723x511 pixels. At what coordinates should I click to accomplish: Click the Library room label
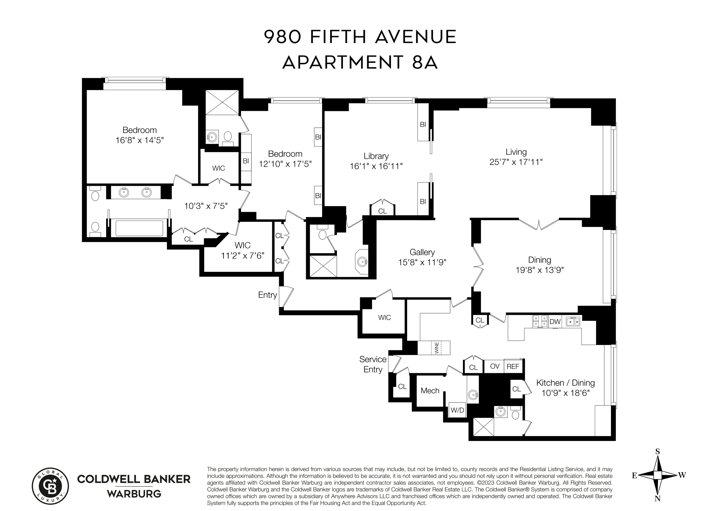pyautogui.click(x=376, y=156)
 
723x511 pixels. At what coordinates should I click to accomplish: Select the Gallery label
pyautogui.click(x=422, y=252)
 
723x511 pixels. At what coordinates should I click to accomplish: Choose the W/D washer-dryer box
pyautogui.click(x=457, y=410)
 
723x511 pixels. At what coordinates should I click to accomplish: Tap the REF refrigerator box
pyautogui.click(x=513, y=366)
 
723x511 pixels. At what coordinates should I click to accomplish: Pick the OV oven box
pyautogui.click(x=495, y=366)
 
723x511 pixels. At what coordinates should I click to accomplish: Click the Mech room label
pyautogui.click(x=430, y=391)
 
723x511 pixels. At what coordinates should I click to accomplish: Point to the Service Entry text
pyautogui.click(x=373, y=364)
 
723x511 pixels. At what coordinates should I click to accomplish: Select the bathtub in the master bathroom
pyautogui.click(x=139, y=228)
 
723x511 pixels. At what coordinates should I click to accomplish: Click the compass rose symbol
pyautogui.click(x=657, y=475)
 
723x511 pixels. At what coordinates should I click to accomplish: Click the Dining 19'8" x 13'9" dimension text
pyautogui.click(x=539, y=270)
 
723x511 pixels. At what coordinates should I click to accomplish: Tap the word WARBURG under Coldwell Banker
pyautogui.click(x=134, y=494)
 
